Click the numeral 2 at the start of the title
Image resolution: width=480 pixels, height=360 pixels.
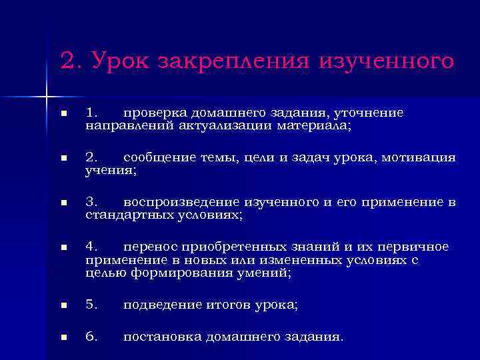(x=67, y=62)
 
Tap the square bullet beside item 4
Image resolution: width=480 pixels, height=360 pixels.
(x=63, y=247)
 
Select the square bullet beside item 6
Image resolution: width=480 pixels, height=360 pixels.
(x=63, y=338)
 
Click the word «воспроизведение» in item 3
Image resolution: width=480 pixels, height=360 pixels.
(x=175, y=203)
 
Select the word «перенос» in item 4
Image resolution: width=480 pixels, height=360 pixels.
(x=148, y=247)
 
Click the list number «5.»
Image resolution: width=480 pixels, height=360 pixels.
(x=92, y=305)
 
